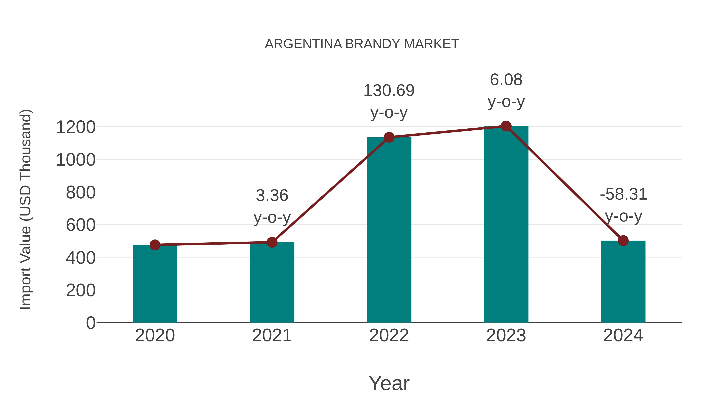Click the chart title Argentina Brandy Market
(362, 44)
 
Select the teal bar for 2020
(155, 284)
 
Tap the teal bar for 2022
(389, 230)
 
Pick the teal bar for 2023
(506, 225)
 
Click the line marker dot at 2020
(155, 245)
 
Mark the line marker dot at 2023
(506, 126)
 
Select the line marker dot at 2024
(623, 241)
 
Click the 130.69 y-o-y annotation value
(389, 91)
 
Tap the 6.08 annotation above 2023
(506, 80)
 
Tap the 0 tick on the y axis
(91, 323)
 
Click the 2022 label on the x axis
(389, 335)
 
